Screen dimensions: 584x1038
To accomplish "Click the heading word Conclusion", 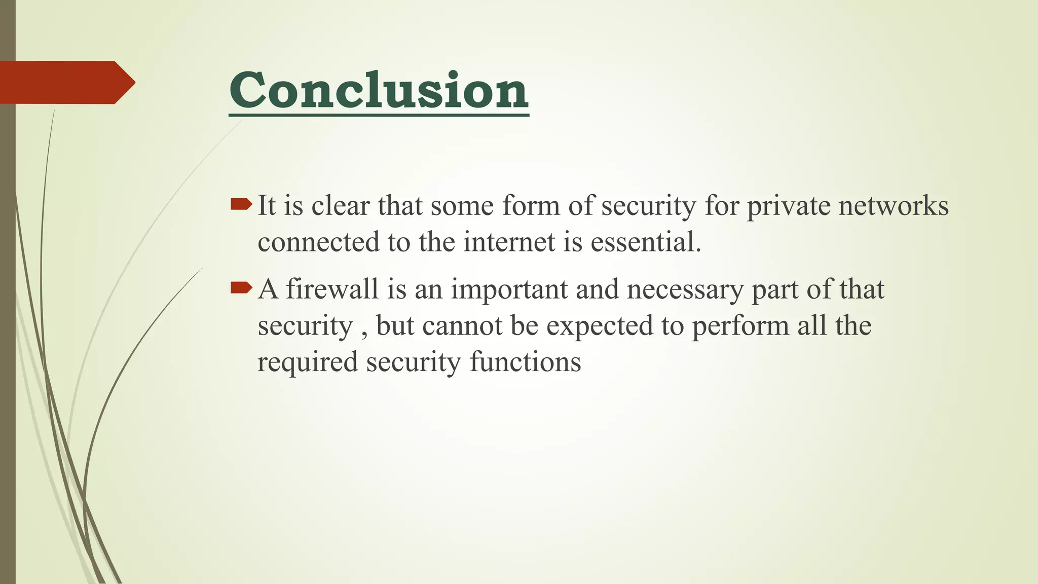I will [379, 90].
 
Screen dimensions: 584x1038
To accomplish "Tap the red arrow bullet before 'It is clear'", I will [241, 204].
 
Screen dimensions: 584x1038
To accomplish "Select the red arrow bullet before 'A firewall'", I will [241, 288].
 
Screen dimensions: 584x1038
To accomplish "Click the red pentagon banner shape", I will [66, 83].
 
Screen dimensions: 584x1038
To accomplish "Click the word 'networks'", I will [893, 206].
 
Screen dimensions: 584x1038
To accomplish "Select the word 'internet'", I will [509, 242].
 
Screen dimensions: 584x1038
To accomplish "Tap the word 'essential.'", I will [646, 242].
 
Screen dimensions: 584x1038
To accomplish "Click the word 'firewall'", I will [332, 289].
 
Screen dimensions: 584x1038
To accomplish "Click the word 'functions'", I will [525, 362].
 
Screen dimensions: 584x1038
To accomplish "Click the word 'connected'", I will [318, 242].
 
